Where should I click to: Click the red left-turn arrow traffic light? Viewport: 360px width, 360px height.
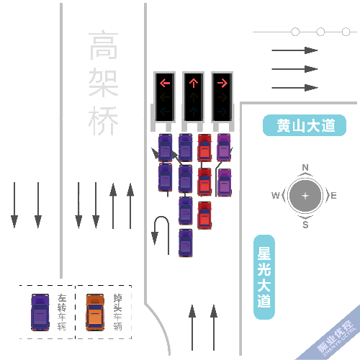coord(165,83)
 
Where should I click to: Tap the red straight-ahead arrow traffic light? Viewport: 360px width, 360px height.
coord(193,83)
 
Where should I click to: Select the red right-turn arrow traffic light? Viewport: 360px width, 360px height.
coord(221,83)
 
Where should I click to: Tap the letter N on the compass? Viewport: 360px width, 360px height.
coord(305,168)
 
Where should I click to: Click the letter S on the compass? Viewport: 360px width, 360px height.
coord(305,224)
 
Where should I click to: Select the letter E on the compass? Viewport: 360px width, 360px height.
coord(333,196)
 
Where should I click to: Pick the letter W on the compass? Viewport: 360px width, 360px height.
coord(276,196)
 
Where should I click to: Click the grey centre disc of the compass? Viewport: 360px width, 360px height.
coord(305,196)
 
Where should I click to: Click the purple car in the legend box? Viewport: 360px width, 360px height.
coord(40,312)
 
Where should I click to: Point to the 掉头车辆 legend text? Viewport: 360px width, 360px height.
coord(117,312)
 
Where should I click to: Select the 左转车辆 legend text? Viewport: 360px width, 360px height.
coord(62,312)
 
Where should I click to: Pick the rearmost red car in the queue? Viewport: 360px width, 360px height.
coord(204,215)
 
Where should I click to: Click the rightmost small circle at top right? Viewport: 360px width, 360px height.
coord(346,32)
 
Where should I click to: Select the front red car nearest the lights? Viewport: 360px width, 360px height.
coord(204,147)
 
